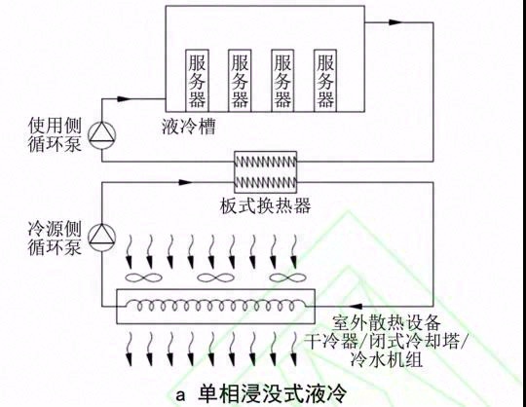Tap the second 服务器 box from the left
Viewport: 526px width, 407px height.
(241, 79)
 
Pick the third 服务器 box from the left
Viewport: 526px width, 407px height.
(283, 79)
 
